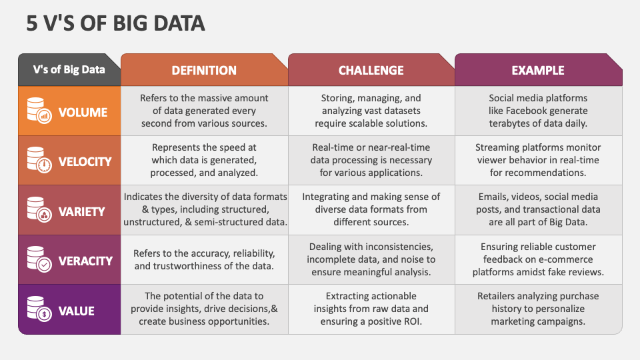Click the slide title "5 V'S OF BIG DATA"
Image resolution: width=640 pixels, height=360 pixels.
coord(115,23)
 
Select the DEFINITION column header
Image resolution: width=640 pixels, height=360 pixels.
coord(204,70)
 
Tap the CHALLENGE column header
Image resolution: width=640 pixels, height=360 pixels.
coord(371,70)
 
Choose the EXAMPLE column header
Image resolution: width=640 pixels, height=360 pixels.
coord(538,70)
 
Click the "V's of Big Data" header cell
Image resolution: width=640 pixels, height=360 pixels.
coord(69,69)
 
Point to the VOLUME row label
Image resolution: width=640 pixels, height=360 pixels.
coord(83,112)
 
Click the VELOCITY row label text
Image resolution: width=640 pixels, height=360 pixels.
coord(85,161)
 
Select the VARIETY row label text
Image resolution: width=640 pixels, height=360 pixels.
coord(81,211)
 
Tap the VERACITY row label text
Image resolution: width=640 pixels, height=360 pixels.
coord(85,261)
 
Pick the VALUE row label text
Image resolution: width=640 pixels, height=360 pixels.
coord(76,311)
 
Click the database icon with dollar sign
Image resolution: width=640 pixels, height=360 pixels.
coord(39,309)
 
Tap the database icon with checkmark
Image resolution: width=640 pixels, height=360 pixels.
coord(39,259)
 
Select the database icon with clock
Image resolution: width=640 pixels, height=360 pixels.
coord(39,160)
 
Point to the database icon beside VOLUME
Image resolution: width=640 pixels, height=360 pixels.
coord(39,111)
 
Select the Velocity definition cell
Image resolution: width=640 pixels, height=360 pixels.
coord(204,160)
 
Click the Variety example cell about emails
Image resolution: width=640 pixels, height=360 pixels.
coord(539,210)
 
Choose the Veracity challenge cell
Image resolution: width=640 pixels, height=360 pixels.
coord(371,259)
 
